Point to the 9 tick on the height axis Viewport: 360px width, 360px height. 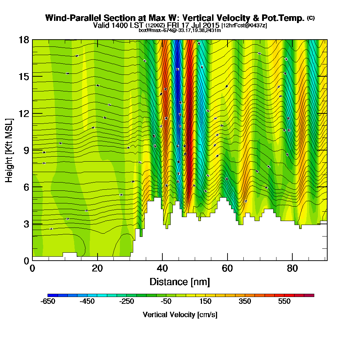point(32,150)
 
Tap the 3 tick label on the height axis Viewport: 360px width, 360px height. point(26,224)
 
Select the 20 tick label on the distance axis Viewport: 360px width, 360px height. point(97,269)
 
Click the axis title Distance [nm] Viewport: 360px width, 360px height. point(180,282)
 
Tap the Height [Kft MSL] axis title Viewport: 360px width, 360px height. point(9,150)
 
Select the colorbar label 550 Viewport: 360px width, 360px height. point(284,302)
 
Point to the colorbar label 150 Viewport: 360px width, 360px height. point(206,302)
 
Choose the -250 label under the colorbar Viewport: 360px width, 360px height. point(126,302)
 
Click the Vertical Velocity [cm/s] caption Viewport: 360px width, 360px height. point(180,315)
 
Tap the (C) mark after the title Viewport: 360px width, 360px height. point(311,18)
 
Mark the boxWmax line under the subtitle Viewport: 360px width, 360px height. point(180,30)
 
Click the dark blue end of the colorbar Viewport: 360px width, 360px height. point(50,295)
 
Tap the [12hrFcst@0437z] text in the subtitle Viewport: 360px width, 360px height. point(244,26)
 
